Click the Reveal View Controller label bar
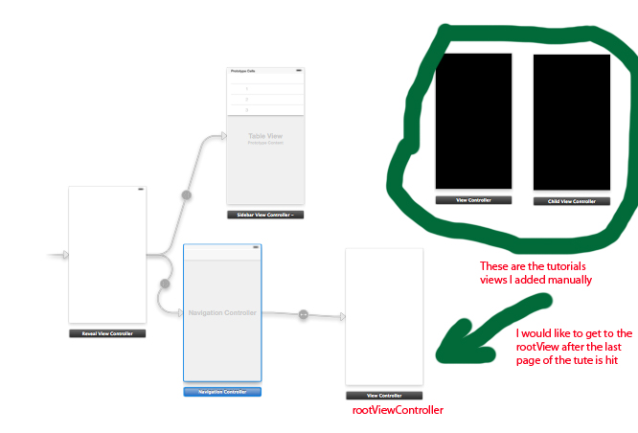(x=107, y=333)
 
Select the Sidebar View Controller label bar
(x=265, y=215)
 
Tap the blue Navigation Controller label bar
(x=221, y=392)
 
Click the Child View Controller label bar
(x=571, y=202)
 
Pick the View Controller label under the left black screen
(x=473, y=201)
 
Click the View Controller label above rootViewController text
(x=383, y=395)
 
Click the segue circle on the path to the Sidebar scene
(x=187, y=195)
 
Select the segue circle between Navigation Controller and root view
(x=303, y=314)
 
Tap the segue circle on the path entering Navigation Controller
(x=165, y=284)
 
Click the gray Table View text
(x=265, y=136)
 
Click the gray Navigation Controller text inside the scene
(x=222, y=313)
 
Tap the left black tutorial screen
(x=473, y=121)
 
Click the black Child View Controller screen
(x=571, y=122)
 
